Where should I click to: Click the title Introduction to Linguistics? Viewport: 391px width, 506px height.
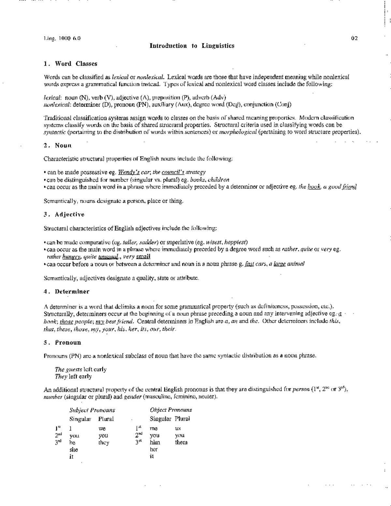(192, 46)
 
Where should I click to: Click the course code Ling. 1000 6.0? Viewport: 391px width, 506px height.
(62, 38)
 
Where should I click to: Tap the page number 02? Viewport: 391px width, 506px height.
(355, 38)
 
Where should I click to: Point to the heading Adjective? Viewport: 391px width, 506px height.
(69, 214)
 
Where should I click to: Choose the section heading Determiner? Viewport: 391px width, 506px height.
(72, 292)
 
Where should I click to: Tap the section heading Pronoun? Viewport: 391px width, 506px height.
(68, 342)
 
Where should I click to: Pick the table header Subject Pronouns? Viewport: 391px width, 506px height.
(92, 410)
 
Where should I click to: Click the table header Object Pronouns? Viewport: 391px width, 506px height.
(171, 410)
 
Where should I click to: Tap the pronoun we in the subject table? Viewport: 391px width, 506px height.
(102, 428)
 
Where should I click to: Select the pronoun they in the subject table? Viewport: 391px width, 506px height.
(104, 442)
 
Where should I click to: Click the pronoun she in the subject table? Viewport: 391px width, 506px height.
(74, 450)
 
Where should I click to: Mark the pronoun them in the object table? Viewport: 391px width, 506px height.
(181, 442)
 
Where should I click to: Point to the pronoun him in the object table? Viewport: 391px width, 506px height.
(155, 442)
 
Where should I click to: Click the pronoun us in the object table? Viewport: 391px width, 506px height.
(178, 428)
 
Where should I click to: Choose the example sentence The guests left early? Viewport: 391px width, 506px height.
(80, 369)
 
